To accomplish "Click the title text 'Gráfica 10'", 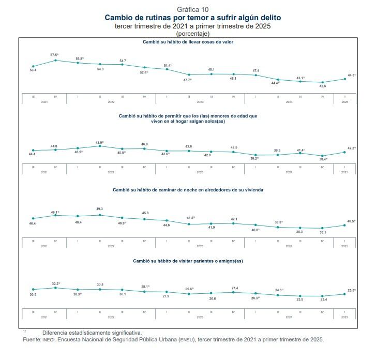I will click(x=193, y=10).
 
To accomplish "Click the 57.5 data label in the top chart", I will click(x=54, y=54).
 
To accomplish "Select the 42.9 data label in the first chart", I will click(x=322, y=86).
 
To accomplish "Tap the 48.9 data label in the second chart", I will click(x=99, y=142).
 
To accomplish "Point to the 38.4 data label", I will click(x=323, y=159).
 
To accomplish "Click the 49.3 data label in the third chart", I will click(x=99, y=209).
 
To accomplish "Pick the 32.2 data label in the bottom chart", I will click(x=55, y=283).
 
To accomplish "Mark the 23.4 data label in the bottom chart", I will click(x=323, y=299).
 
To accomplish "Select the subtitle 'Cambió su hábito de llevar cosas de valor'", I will click(x=188, y=42).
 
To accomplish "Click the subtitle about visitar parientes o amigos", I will click(x=188, y=261).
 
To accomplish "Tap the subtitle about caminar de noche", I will click(x=188, y=190).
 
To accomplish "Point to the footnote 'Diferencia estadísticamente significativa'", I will click(x=92, y=333).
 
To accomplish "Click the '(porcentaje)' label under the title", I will click(x=193, y=34).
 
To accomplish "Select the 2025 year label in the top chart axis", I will click(x=344, y=101).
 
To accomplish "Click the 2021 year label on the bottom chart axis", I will click(x=44, y=317).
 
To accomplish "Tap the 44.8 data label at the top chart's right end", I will click(x=352, y=75).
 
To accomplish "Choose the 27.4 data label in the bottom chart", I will click(x=234, y=288).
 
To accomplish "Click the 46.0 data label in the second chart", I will click(x=144, y=144).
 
